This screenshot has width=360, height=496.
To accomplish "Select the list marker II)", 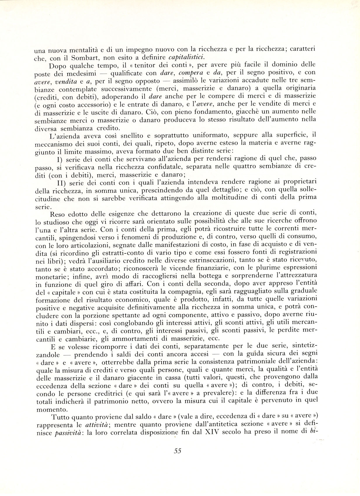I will click(61, 182).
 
